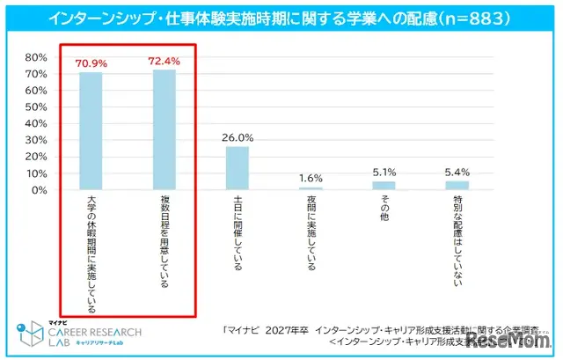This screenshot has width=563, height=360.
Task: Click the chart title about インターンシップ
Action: [281, 18]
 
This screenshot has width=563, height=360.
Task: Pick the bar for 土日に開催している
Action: [238, 167]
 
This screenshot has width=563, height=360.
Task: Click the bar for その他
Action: [384, 185]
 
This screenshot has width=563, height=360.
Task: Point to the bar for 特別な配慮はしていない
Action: [457, 185]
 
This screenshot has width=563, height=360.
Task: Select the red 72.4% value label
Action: [165, 62]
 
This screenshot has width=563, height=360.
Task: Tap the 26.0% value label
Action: [238, 138]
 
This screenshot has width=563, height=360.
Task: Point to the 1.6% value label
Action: [311, 179]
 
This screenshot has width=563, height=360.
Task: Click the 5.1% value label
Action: [384, 173]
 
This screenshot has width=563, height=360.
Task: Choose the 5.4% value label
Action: [457, 173]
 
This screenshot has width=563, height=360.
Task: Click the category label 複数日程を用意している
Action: [165, 238]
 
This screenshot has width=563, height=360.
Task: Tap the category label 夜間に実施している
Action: [311, 233]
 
